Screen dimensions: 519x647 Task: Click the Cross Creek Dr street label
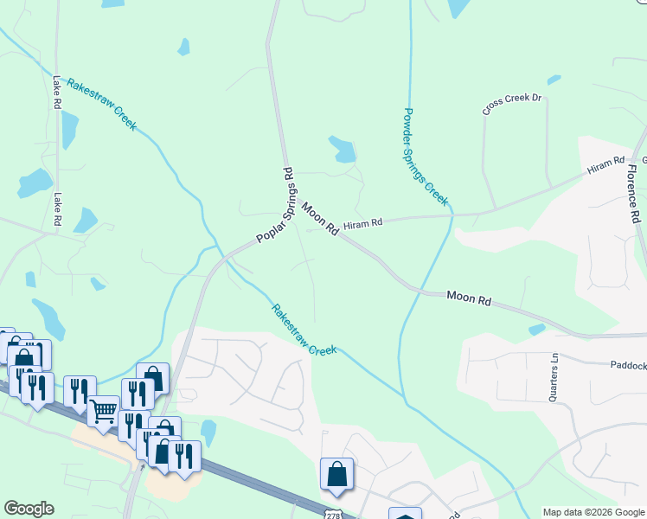(512, 104)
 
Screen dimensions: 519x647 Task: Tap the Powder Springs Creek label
(426, 157)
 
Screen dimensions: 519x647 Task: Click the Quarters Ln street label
(554, 377)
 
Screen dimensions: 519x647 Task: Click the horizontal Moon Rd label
(469, 299)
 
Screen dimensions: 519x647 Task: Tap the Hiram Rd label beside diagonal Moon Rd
(362, 223)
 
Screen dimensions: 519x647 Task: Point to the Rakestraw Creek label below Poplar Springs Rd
(303, 330)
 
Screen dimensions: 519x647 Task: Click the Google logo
(29, 509)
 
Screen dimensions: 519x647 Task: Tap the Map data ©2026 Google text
(593, 512)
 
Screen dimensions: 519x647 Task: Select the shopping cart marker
(104, 411)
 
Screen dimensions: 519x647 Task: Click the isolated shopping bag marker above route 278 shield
(336, 474)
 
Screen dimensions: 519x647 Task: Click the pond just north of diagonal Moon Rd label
(343, 150)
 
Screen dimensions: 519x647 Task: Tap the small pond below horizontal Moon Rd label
(537, 330)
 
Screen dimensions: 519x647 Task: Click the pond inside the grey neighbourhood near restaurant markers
(208, 432)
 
